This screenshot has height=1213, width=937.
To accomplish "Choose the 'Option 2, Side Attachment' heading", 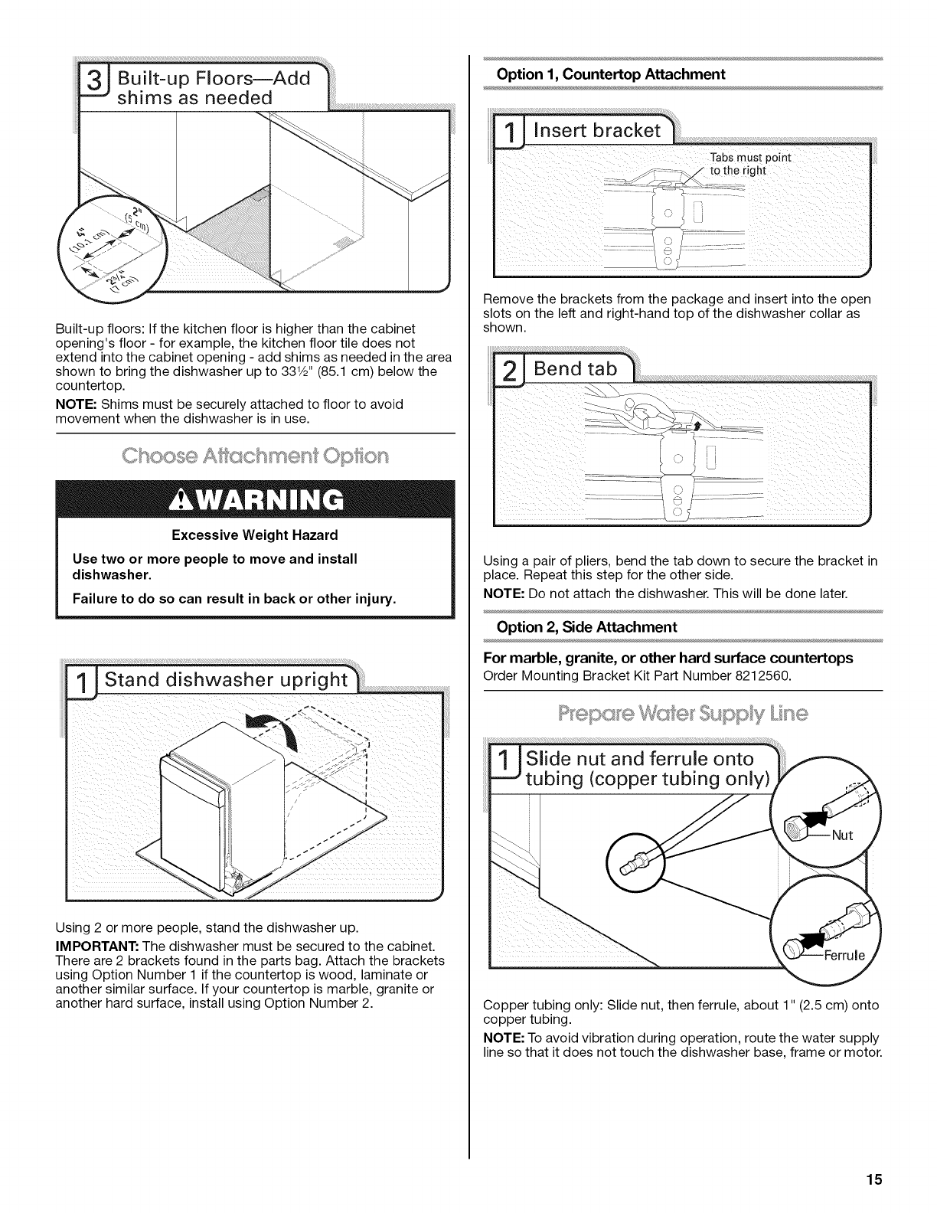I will (586, 627).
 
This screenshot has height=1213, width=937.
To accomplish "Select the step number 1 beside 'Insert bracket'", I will (508, 131).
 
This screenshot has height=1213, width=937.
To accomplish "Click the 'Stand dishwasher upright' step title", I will (226, 680).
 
